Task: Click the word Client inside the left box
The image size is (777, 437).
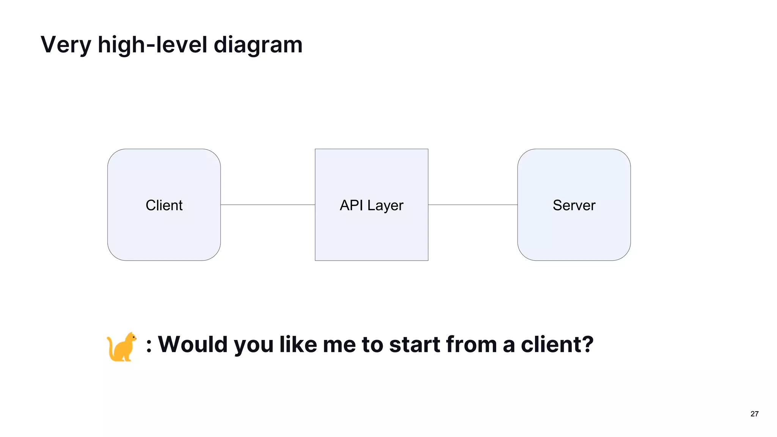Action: point(164,205)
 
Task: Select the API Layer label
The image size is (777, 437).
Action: point(371,205)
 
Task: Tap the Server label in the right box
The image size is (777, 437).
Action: point(574,205)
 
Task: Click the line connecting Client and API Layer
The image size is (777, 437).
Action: point(267,205)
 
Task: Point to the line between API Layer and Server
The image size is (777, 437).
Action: point(473,205)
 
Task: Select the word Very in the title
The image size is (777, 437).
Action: point(66,45)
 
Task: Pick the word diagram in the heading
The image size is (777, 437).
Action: point(258,45)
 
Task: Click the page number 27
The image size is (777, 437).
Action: point(754,414)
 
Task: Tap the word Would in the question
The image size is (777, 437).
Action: point(192,344)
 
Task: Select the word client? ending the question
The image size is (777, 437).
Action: point(557,344)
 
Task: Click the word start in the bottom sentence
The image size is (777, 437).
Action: point(414,344)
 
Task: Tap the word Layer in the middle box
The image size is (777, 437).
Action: point(385,205)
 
